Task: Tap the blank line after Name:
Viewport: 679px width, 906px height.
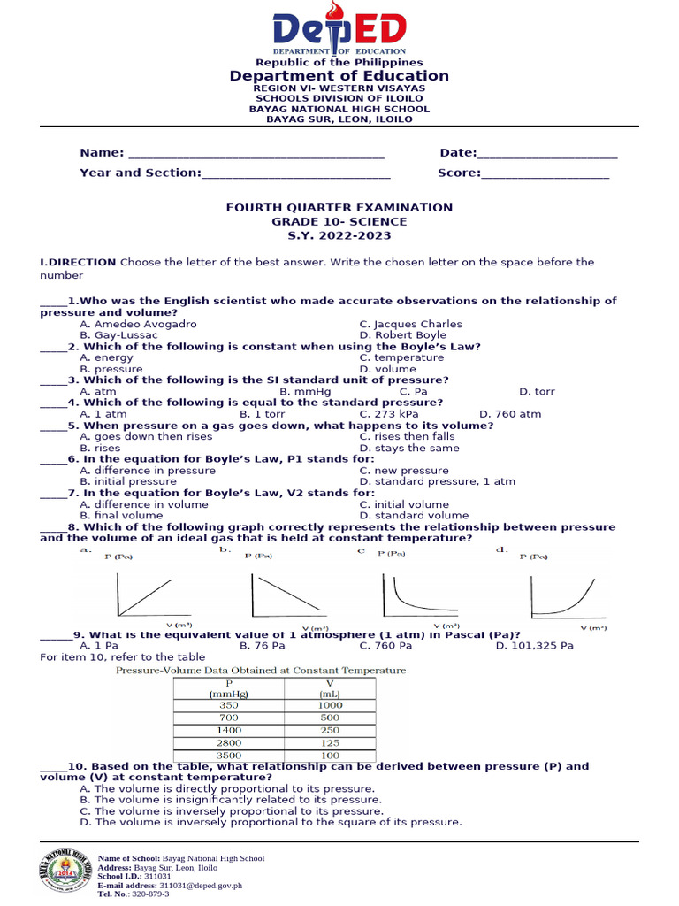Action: (256, 153)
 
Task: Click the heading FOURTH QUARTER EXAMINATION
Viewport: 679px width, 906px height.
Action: (339, 208)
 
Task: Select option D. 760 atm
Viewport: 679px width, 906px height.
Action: (510, 414)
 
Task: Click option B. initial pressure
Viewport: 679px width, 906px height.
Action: (128, 481)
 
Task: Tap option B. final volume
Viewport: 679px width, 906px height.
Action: (121, 515)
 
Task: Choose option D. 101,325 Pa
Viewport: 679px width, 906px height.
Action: (534, 646)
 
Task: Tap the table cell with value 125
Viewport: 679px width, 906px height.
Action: (330, 743)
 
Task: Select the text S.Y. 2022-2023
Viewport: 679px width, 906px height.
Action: (339, 236)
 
